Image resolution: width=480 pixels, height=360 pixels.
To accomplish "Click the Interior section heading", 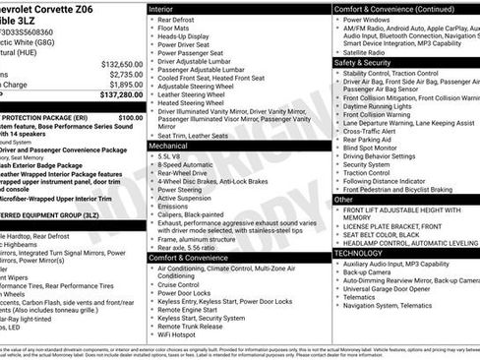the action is click(161, 8).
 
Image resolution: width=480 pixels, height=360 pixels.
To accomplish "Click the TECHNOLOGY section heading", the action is click(358, 253).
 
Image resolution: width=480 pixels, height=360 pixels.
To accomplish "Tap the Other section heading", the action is click(343, 199).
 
